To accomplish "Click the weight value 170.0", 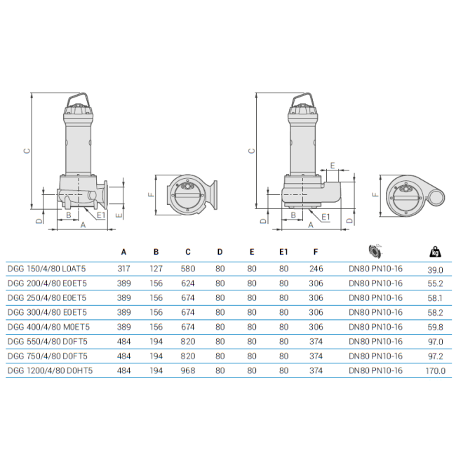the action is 436,371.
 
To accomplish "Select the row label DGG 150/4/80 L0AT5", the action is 46,269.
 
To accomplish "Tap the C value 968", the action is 188,371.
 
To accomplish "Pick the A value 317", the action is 124,269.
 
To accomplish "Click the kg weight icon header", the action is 436,252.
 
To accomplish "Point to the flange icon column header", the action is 375,251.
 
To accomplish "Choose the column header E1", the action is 283,252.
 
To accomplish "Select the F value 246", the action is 316,269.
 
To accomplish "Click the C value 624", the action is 188,283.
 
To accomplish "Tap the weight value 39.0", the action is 436,270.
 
